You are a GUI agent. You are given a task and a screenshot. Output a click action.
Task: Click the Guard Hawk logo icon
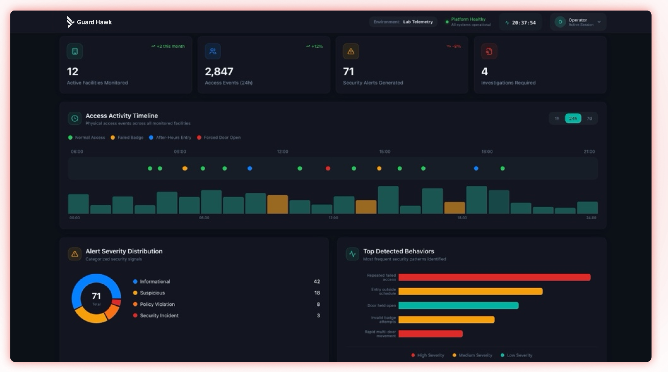click(x=70, y=22)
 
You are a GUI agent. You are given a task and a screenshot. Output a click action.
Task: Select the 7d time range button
click(x=589, y=118)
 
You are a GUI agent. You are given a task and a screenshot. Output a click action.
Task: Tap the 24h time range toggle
click(x=573, y=118)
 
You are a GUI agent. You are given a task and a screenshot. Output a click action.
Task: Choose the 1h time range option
click(x=557, y=118)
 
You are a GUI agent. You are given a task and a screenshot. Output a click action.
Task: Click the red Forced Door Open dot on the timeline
click(x=328, y=168)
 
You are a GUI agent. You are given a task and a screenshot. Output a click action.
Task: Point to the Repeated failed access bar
click(x=494, y=277)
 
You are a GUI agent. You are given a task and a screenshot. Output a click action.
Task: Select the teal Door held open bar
click(x=458, y=305)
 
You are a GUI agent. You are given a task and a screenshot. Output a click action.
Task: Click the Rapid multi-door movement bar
click(x=430, y=334)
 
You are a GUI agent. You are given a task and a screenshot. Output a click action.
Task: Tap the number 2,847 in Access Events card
click(x=219, y=71)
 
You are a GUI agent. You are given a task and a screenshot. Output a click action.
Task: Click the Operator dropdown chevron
click(x=599, y=22)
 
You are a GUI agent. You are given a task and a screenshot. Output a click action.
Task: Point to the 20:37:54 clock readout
click(x=524, y=23)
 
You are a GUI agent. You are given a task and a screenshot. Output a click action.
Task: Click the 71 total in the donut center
click(x=96, y=296)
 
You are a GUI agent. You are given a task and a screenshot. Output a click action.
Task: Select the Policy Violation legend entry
click(x=157, y=304)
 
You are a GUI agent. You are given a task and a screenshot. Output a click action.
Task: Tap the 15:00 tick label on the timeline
click(x=385, y=152)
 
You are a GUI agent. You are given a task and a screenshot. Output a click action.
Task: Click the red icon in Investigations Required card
click(x=489, y=51)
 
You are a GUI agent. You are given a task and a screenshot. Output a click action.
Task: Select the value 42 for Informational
click(x=317, y=282)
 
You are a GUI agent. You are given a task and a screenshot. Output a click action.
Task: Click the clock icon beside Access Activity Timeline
click(x=75, y=118)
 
